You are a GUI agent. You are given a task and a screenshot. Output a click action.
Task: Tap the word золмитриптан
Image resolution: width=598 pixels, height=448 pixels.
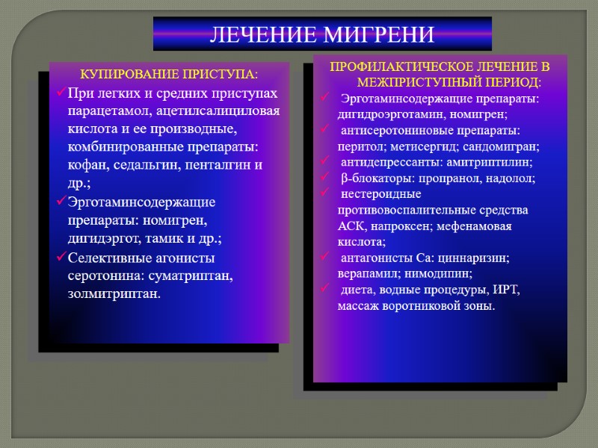coord(114,294)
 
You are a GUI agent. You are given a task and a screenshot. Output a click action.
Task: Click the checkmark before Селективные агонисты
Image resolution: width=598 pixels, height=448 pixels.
coord(61,258)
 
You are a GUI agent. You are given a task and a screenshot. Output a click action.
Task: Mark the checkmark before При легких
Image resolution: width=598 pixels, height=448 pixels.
coord(61,93)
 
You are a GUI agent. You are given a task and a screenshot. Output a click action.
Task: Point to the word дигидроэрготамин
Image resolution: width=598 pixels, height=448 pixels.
coord(383,114)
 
